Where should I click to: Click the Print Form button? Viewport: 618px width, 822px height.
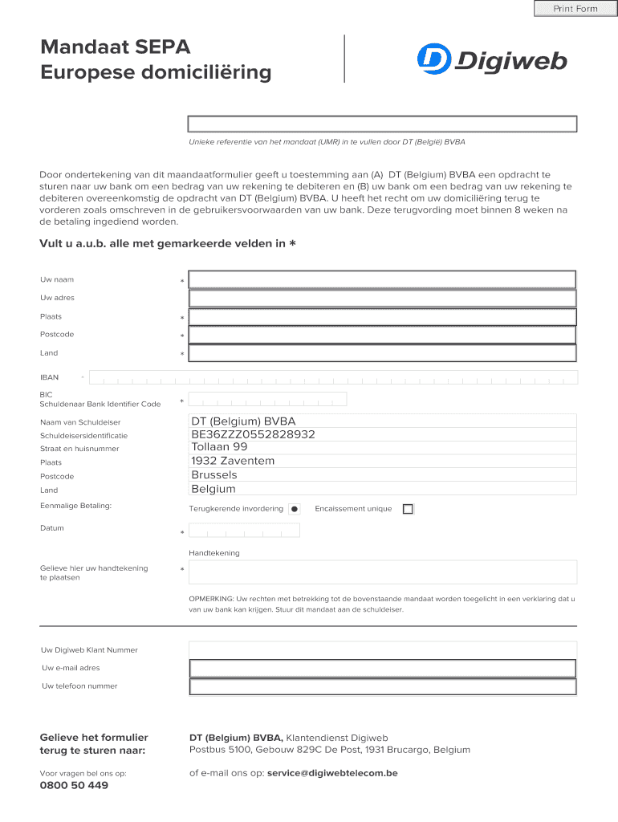click(x=575, y=9)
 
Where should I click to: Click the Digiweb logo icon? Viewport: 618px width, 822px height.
click(x=433, y=59)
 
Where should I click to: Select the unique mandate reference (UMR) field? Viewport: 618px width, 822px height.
click(x=382, y=124)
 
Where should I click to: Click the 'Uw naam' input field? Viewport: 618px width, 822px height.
click(x=382, y=279)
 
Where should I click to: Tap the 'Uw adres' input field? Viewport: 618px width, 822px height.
click(x=382, y=298)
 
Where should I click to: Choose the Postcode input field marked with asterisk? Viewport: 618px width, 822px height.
click(x=382, y=335)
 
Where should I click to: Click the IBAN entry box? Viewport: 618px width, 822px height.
click(x=333, y=377)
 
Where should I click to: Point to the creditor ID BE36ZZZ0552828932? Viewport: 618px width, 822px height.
click(x=253, y=434)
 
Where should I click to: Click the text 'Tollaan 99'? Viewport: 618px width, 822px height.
click(x=219, y=447)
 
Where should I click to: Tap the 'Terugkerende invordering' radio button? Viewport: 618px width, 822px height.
click(x=295, y=509)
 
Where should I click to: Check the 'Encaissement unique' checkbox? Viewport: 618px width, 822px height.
click(x=408, y=509)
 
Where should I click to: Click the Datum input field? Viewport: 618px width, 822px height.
click(x=244, y=531)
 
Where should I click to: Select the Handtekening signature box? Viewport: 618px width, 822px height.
click(x=382, y=572)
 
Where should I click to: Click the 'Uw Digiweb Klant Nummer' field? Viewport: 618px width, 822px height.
click(x=382, y=649)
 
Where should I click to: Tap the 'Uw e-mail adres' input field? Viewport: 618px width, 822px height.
click(x=382, y=668)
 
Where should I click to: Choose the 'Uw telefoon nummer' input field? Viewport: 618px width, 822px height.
click(x=382, y=686)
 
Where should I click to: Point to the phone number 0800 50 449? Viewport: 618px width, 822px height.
click(x=74, y=785)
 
